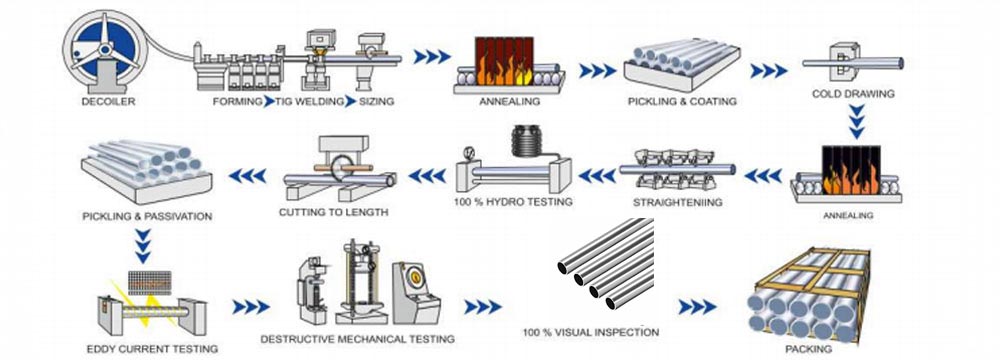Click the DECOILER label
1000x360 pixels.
(x=108, y=101)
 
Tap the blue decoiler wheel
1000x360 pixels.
(x=105, y=47)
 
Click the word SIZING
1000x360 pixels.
(x=376, y=101)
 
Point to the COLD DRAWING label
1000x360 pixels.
(x=853, y=94)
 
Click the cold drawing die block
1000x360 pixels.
(x=844, y=62)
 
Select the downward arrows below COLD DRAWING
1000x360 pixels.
(x=857, y=121)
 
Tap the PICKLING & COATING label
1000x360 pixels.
(x=682, y=101)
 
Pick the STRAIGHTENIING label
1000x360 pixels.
(x=677, y=203)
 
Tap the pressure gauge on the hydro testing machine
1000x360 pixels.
(x=470, y=153)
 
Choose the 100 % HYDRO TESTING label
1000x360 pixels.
(x=513, y=202)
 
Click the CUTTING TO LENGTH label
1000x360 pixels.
(x=333, y=212)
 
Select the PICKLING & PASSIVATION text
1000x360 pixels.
(x=147, y=217)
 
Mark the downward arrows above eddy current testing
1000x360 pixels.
(x=143, y=246)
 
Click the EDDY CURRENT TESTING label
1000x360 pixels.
(x=152, y=349)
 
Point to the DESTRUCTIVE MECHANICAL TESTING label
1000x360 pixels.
(x=357, y=339)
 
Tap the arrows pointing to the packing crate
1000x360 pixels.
(x=697, y=307)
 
